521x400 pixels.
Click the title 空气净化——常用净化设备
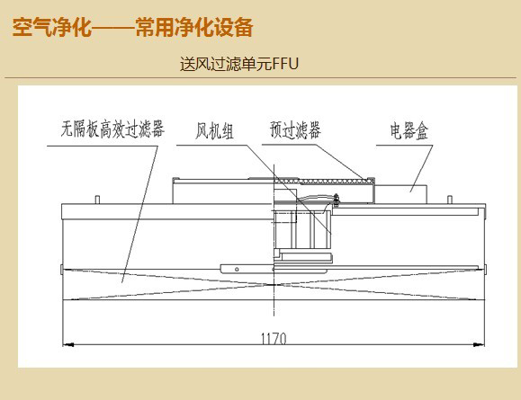[x=132, y=27]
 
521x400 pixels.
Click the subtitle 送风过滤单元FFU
[x=239, y=64]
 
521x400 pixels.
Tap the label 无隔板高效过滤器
[x=112, y=129]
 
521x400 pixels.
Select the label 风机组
[x=214, y=131]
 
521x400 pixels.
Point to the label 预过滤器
[x=295, y=129]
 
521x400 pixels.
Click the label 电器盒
[x=409, y=131]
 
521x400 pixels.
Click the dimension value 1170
[x=274, y=339]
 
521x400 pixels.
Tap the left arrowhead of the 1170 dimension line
[x=67, y=345]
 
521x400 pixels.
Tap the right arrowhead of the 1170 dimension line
[x=479, y=345]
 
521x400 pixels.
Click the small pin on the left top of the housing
[x=97, y=200]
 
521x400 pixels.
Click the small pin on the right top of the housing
[x=450, y=200]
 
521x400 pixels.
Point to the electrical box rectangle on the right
[x=400, y=194]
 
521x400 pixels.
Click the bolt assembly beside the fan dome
[x=336, y=200]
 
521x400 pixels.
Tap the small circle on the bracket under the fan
[x=237, y=269]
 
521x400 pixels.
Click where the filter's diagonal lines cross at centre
[x=274, y=284]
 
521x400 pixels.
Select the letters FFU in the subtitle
[x=285, y=64]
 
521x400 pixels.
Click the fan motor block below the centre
[x=307, y=256]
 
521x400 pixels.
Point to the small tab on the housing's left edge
[x=62, y=269]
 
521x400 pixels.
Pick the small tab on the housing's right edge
[x=485, y=269]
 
